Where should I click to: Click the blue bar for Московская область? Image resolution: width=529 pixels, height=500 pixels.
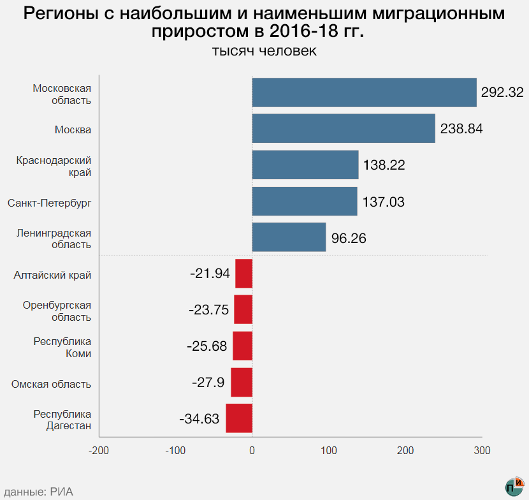coord(364,92)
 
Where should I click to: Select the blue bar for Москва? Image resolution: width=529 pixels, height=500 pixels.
coord(344,129)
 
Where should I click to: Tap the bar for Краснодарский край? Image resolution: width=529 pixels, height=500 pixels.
coord(305,165)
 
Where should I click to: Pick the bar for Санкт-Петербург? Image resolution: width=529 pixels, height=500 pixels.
coord(305,202)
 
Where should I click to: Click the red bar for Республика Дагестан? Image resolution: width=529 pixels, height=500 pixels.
coord(239,418)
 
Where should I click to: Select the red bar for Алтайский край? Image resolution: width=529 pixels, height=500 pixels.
coord(243,274)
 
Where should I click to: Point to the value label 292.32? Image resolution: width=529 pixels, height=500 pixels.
coord(502,92)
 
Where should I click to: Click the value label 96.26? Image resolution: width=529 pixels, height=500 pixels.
coord(349,238)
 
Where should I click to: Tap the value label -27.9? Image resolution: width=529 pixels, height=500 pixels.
coord(208,383)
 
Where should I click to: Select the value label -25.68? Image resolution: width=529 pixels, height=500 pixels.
coord(207,346)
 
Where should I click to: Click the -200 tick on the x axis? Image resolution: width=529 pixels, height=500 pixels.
coord(99,451)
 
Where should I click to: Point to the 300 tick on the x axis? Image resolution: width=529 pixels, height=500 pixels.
coord(482,451)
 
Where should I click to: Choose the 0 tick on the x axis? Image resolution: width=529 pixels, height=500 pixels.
coord(252,451)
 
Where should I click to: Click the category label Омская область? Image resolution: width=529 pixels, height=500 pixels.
coord(51,384)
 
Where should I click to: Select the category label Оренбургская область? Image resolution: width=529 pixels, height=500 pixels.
coord(57,311)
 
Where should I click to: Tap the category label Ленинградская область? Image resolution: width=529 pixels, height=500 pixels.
coord(54,239)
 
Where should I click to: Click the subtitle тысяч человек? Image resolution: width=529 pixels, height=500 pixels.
coord(264,51)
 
